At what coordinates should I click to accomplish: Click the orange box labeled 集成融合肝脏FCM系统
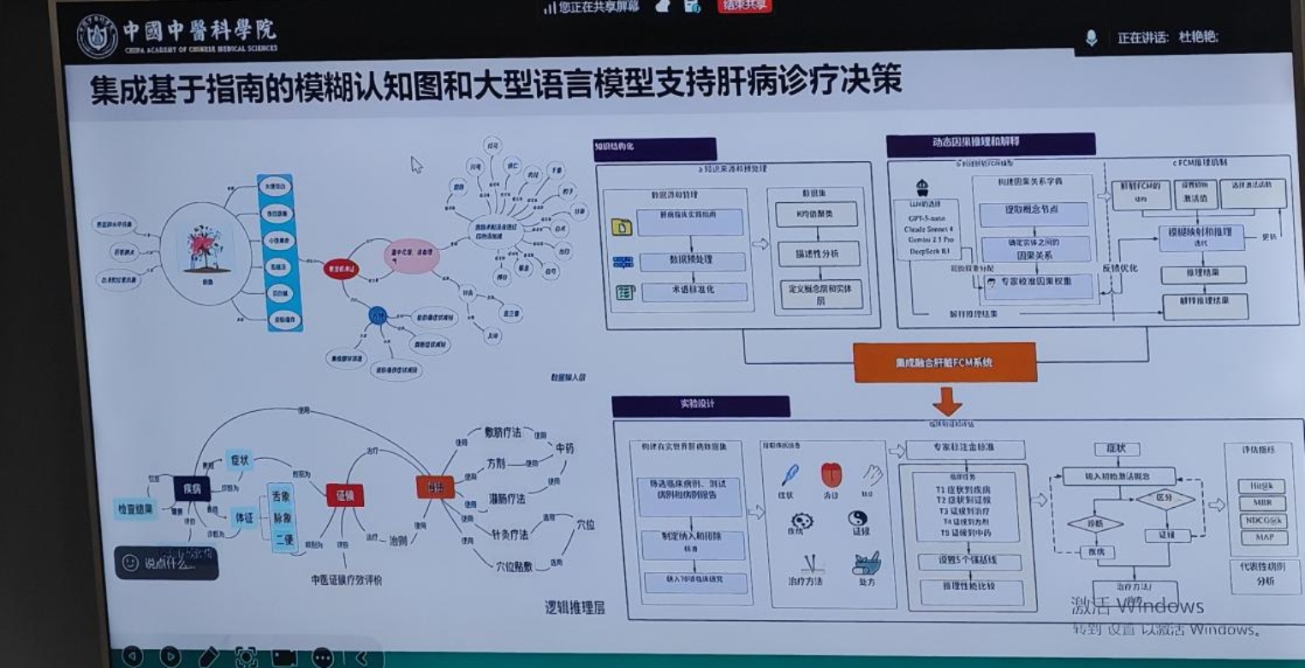pyautogui.click(x=944, y=362)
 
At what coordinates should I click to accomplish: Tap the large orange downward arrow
pyautogui.click(x=947, y=401)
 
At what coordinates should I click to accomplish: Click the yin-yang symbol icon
pyautogui.click(x=857, y=519)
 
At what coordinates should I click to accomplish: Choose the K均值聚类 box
pyautogui.click(x=816, y=213)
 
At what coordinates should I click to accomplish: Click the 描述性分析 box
pyautogui.click(x=816, y=253)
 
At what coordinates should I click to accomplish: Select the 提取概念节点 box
pyautogui.click(x=1034, y=212)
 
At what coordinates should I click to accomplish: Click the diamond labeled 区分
pyautogui.click(x=1165, y=498)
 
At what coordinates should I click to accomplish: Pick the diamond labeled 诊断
pyautogui.click(x=1095, y=523)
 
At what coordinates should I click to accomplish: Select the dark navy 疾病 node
pyautogui.click(x=192, y=488)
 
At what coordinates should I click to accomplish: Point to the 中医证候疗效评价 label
pyautogui.click(x=346, y=580)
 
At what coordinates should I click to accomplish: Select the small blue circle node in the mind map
pyautogui.click(x=378, y=314)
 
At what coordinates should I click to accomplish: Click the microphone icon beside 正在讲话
pyautogui.click(x=1091, y=39)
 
